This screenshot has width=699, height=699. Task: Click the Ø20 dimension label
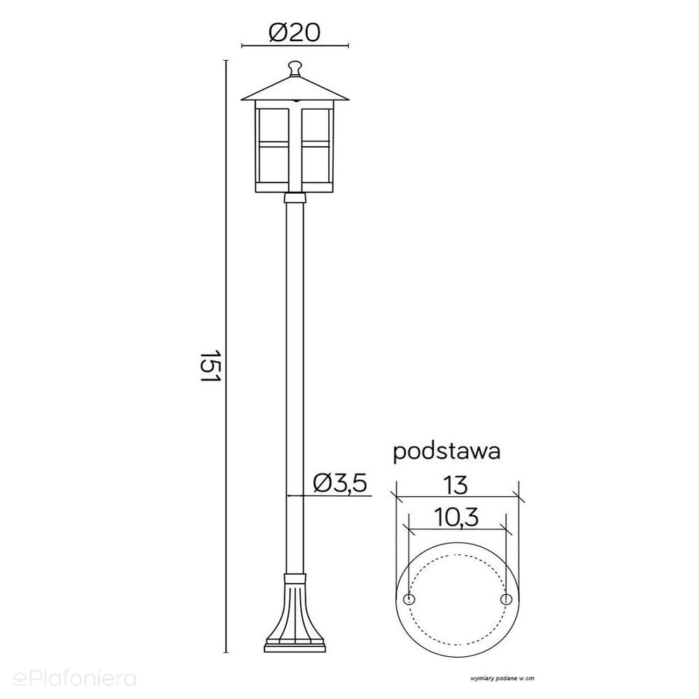(x=295, y=33)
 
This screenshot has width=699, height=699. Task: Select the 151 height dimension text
(x=210, y=365)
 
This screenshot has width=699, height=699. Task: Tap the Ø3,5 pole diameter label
(x=339, y=483)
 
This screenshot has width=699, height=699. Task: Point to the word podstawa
(x=446, y=451)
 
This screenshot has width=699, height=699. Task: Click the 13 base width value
(x=456, y=486)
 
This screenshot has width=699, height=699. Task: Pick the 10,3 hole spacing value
(x=456, y=518)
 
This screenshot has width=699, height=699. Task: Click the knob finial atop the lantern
(x=294, y=69)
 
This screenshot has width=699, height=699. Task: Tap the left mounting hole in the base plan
(x=409, y=600)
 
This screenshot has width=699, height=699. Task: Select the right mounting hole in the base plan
(x=505, y=600)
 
